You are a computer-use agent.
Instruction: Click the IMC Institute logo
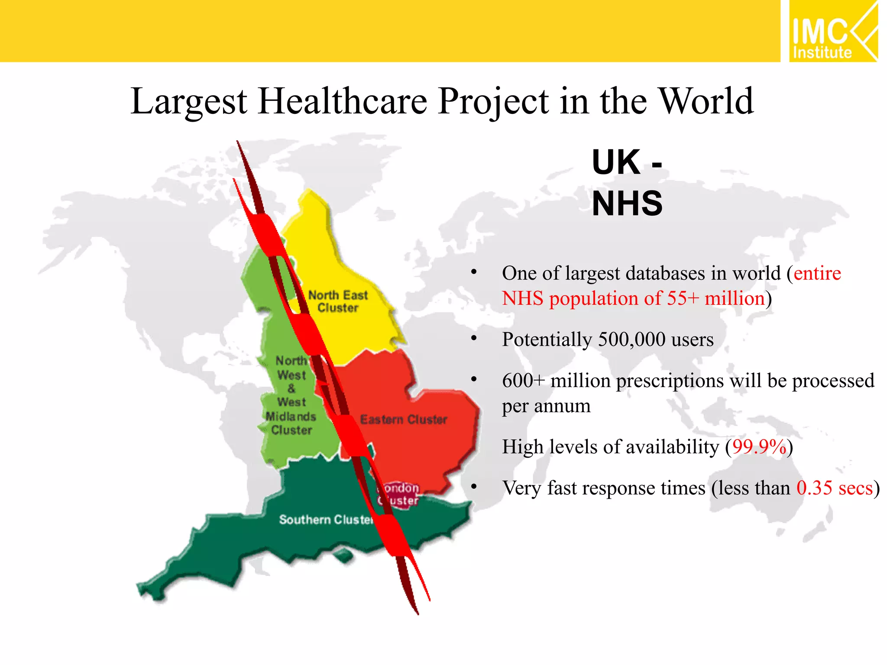click(832, 31)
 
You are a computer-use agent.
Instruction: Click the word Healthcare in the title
click(343, 101)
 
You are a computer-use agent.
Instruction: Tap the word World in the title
click(706, 101)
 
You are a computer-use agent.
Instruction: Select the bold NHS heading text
click(627, 203)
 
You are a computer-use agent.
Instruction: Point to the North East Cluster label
click(338, 301)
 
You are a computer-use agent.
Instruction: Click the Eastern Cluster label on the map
click(403, 420)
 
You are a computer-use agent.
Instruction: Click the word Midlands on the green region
click(291, 416)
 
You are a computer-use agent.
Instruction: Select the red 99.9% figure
click(759, 447)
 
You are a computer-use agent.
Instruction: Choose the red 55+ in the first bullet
click(683, 299)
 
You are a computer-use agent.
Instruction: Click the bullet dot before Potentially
click(474, 338)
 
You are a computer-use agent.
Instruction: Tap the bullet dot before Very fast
click(474, 487)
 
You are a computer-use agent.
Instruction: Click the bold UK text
click(616, 162)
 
